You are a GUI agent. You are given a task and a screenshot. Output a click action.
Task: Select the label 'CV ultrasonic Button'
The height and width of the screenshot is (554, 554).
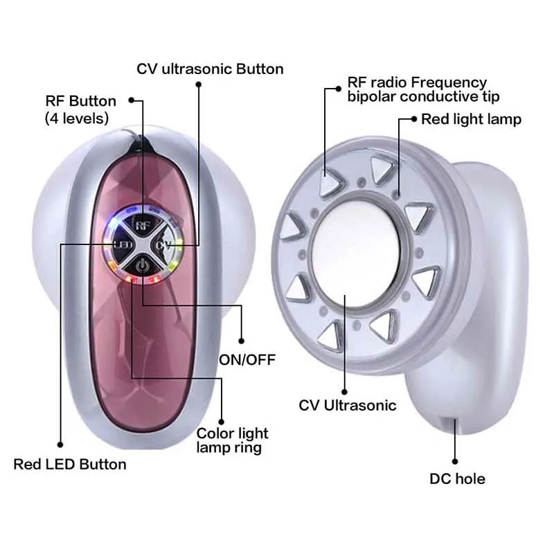210,69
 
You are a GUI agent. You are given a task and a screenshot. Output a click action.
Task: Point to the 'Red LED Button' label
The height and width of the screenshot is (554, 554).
70,464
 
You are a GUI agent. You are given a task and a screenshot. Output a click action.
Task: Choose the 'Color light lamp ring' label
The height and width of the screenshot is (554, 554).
232,440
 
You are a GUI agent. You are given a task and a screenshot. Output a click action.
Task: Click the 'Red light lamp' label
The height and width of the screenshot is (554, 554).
471,119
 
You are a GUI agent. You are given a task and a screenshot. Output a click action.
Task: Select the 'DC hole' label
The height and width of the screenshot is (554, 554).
457,479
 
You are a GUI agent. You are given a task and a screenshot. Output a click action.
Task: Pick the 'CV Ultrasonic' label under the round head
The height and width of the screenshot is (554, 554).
348,405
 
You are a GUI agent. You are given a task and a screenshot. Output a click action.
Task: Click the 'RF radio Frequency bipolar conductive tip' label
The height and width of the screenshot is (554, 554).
423,89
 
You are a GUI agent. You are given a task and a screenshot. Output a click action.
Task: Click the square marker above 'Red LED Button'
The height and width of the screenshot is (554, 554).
60,445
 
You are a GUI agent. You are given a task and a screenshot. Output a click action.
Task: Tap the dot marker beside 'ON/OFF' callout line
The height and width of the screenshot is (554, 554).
242,340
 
